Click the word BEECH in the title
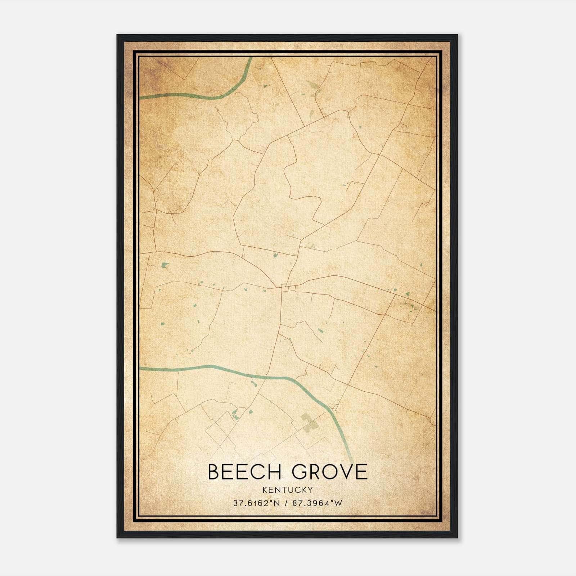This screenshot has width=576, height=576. pyautogui.click(x=244, y=472)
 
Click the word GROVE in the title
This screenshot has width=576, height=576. pyautogui.click(x=329, y=472)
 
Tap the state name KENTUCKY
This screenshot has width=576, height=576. pyautogui.click(x=288, y=490)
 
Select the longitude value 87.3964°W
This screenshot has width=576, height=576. pyautogui.click(x=317, y=503)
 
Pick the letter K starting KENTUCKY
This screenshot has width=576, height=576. pyautogui.click(x=265, y=490)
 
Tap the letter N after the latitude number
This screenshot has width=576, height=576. pyautogui.click(x=277, y=503)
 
